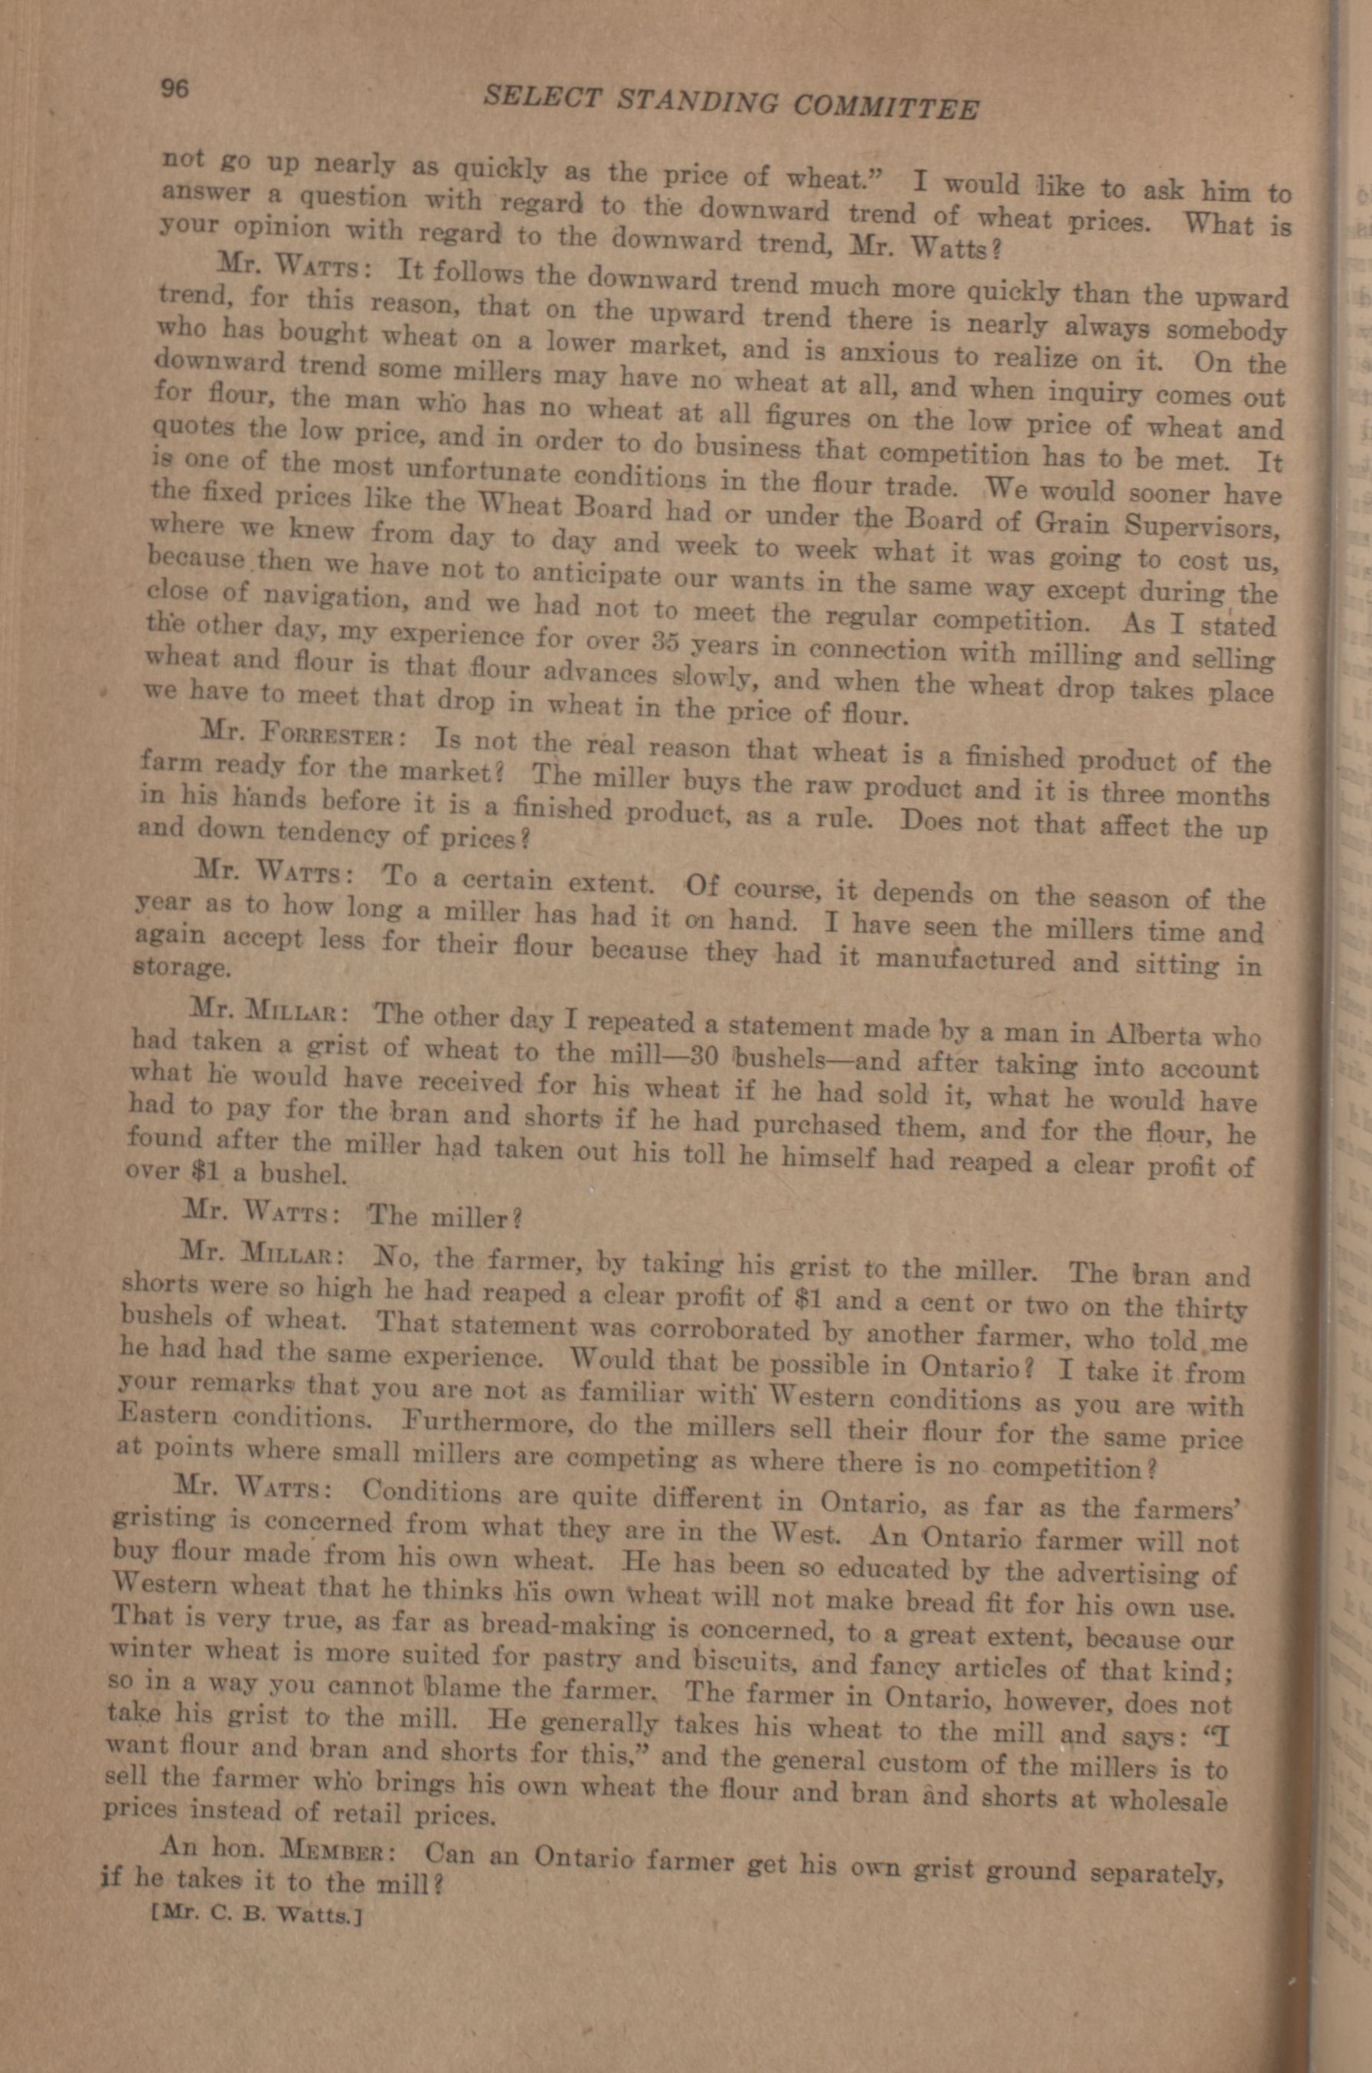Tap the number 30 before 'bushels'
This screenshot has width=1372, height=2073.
705,1055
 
